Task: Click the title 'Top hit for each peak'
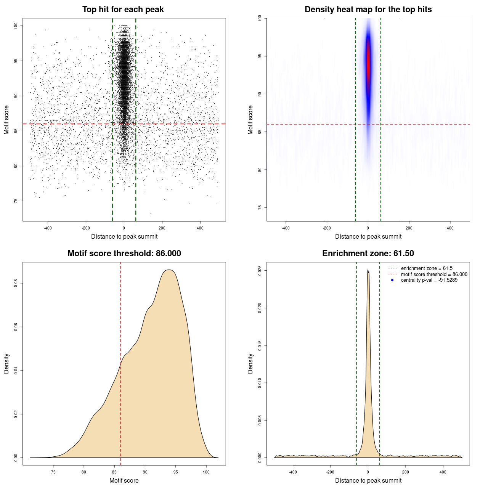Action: [123, 10]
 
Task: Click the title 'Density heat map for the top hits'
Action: [368, 10]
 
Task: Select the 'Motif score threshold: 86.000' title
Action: [124, 254]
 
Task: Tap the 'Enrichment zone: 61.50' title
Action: [368, 254]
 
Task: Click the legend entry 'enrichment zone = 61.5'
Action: [427, 268]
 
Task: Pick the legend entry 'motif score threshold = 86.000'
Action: [434, 274]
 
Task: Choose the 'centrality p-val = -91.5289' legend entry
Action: [429, 280]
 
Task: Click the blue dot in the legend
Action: [392, 280]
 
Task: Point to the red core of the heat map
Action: [368, 61]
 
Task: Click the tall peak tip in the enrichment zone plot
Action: [368, 271]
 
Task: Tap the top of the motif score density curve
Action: [170, 270]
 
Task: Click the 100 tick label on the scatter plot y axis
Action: [16, 26]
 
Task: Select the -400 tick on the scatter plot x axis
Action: [48, 228]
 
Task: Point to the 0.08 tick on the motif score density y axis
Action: [16, 283]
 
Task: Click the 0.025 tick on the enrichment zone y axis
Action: [260, 271]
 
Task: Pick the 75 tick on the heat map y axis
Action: [260, 207]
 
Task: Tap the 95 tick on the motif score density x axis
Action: [175, 472]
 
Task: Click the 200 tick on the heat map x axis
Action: [409, 228]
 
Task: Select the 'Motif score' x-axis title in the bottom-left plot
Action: [124, 480]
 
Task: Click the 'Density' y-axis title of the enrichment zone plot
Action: [250, 363]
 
